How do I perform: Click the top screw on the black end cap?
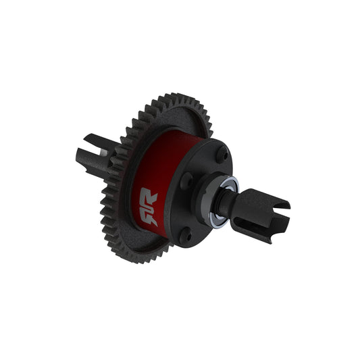pyautogui.click(x=222, y=153)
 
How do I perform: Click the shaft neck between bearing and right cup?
pyautogui.click(x=233, y=203)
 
